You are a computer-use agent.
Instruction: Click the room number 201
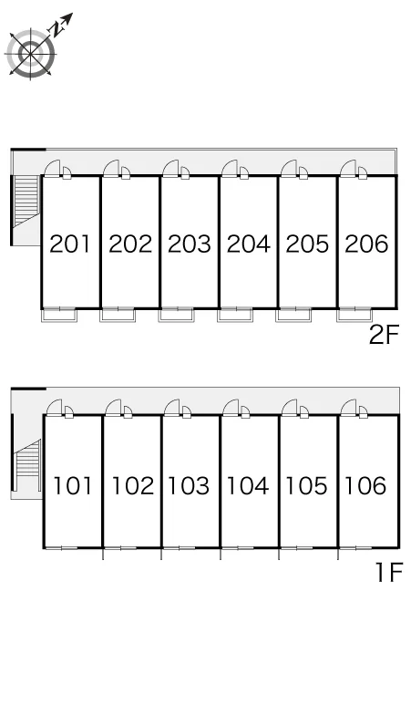pos(69,244)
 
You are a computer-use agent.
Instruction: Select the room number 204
pos(248,244)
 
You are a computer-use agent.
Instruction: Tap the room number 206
pos(366,244)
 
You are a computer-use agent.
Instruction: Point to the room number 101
pos(72,485)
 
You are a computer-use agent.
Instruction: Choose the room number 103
pos(189,485)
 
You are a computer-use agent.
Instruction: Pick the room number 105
pos(307,485)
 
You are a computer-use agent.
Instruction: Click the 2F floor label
pos(384,335)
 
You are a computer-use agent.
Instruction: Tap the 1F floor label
pos(388,573)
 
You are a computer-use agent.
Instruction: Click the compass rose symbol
pos(31,54)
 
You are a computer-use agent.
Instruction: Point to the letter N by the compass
pos(57,30)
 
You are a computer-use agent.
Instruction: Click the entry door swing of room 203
pos(170,168)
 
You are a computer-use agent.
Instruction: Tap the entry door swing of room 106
pos(349,408)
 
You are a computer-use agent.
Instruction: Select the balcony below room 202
pos(118,316)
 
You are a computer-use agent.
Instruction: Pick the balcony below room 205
pos(293,316)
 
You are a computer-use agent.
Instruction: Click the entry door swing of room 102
pos(113,408)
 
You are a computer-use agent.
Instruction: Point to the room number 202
pos(130,244)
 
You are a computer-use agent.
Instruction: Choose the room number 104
pos(248,485)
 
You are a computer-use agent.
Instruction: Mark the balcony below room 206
pos(354,316)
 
